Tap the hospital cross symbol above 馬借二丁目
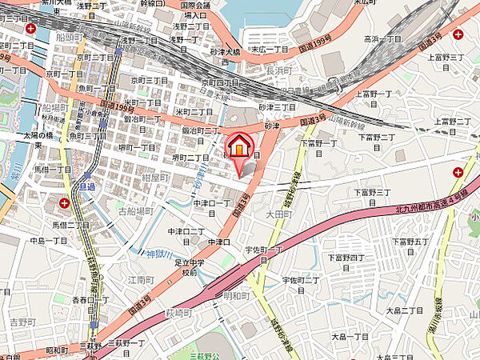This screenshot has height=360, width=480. tap(63, 202)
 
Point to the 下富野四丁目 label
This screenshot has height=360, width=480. tap(346, 257)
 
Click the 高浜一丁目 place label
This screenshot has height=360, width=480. tap(382, 38)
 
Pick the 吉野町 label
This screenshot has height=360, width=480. tap(23, 322)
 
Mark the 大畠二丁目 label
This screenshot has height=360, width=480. tap(404, 310)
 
